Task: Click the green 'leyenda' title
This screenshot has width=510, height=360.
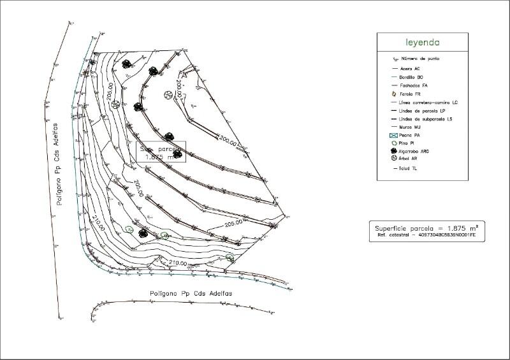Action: click(x=423, y=43)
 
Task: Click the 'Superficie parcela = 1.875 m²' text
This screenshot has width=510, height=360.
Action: click(x=426, y=227)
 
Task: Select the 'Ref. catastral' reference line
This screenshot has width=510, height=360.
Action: click(x=426, y=236)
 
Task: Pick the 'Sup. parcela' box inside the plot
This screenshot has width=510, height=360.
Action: click(x=163, y=152)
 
